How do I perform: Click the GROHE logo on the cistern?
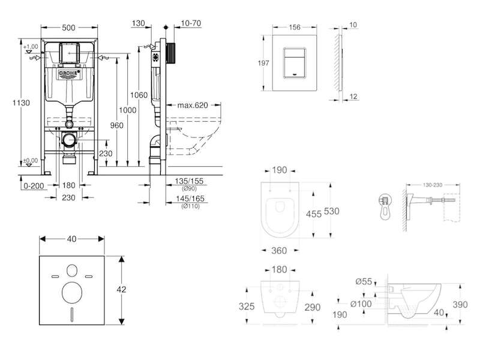pyautogui.click(x=69, y=75)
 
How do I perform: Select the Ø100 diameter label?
pyautogui.click(x=362, y=304)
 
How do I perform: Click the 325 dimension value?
pyautogui.click(x=248, y=306)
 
